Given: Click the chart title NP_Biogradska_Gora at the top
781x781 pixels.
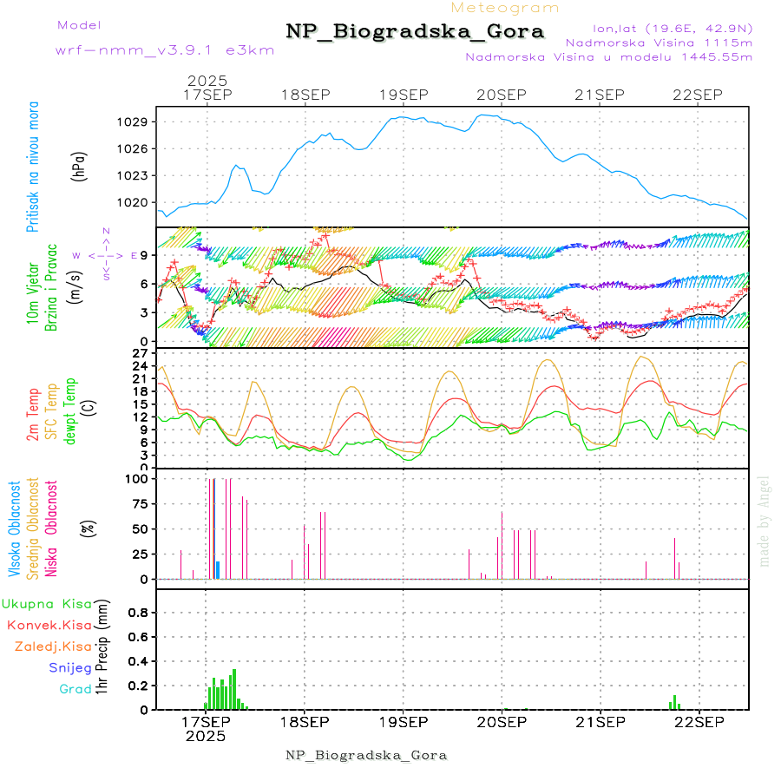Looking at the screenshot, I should [415, 32].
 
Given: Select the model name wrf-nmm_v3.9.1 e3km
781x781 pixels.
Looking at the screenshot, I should [165, 50].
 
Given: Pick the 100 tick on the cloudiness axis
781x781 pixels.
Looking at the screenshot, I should [139, 478].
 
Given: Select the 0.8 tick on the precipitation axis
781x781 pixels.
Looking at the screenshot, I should [139, 612].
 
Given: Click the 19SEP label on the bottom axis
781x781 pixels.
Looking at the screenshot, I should [403, 722].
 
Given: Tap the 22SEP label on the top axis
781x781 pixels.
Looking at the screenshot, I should [699, 95].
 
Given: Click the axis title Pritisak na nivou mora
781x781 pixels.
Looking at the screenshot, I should [33, 166].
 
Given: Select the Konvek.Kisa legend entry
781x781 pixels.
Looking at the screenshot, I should [49, 625].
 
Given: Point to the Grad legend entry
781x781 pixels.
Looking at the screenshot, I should [75, 690].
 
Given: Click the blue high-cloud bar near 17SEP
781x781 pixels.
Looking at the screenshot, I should [218, 569].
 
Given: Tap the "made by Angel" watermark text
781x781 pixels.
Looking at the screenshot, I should [765, 521].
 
